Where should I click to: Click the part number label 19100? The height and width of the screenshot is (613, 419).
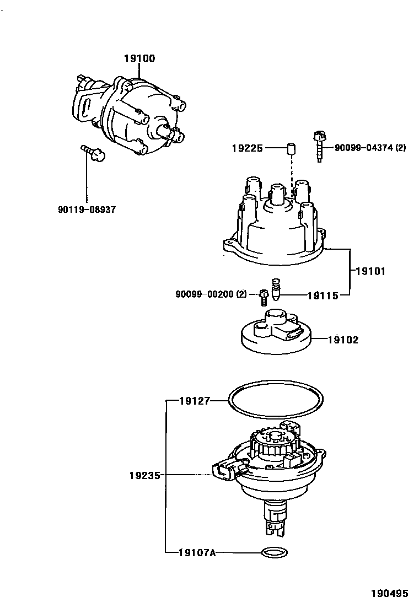pyautogui.click(x=139, y=58)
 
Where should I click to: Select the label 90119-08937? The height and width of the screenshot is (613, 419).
pyautogui.click(x=87, y=209)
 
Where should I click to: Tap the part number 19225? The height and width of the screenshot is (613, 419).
pyautogui.click(x=248, y=148)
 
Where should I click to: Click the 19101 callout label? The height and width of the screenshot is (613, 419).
pyautogui.click(x=370, y=271)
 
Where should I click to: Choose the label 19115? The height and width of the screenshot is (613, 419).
pyautogui.click(x=323, y=295)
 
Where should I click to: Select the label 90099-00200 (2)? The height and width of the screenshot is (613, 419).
pyautogui.click(x=211, y=295)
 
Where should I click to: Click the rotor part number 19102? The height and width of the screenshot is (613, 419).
pyautogui.click(x=343, y=340)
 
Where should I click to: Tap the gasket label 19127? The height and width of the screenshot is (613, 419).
pyautogui.click(x=195, y=401)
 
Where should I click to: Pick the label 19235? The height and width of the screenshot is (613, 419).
pyautogui.click(x=145, y=475)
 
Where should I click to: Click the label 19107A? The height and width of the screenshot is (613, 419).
pyautogui.click(x=197, y=552)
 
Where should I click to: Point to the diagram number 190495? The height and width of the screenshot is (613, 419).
pyautogui.click(x=389, y=594)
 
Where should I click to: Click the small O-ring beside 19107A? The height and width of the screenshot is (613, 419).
pyautogui.click(x=274, y=552)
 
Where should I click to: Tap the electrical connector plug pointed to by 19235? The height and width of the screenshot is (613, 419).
pyautogui.click(x=227, y=469)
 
